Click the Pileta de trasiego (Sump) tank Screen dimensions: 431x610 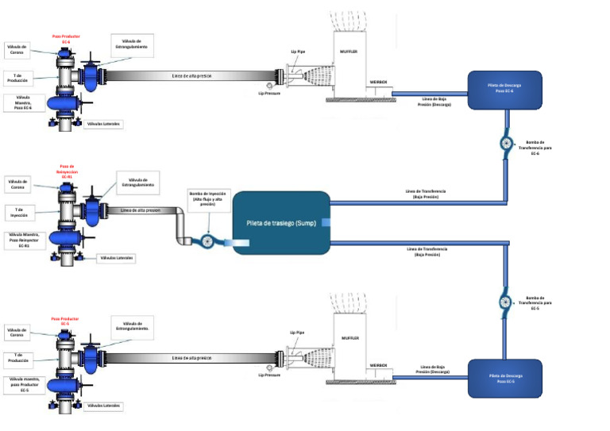click(281, 223)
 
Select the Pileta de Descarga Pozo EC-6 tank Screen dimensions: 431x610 click(504, 89)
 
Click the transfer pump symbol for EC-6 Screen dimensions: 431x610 click(506, 144)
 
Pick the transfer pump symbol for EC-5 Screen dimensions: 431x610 click(506, 302)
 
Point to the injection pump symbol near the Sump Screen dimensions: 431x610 click(207, 242)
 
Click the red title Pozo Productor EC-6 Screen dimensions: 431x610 click(66, 38)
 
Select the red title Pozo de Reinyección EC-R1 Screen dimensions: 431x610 click(67, 171)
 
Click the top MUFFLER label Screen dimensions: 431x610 click(350, 52)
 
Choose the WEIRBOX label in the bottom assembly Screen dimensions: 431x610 click(378, 364)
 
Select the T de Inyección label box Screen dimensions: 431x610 click(22, 211)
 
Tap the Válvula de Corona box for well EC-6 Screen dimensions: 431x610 click(17, 50)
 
